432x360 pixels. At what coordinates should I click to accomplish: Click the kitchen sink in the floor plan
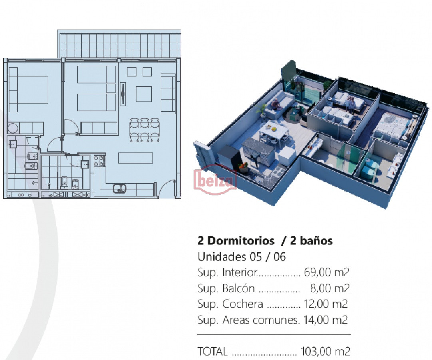tap(119, 189)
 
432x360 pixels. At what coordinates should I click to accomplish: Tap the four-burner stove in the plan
tap(100, 161)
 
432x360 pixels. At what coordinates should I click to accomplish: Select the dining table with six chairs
tap(145, 130)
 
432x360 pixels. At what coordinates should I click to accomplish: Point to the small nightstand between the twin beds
tap(111, 88)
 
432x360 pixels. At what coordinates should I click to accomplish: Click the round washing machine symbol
tap(13, 128)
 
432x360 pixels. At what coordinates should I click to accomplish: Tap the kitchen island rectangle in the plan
tap(135, 158)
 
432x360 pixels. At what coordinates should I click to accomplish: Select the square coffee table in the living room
tap(144, 94)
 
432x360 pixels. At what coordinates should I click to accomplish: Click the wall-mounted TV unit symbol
tap(123, 94)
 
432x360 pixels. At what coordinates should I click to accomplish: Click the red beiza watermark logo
tap(215, 180)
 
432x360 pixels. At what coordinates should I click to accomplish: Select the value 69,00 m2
tap(326, 272)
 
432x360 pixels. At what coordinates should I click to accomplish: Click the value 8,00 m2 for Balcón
tap(330, 288)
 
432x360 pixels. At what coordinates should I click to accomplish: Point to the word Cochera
tap(243, 304)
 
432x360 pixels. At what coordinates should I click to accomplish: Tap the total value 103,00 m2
tap(325, 352)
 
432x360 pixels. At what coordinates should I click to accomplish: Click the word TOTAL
tap(213, 352)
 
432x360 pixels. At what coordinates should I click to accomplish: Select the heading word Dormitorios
tap(241, 241)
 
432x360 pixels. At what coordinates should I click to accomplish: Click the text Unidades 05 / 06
tap(242, 257)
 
